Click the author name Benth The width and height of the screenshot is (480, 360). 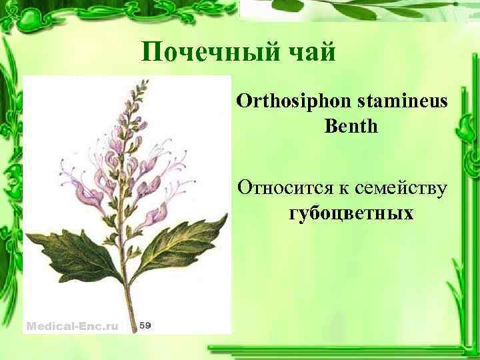pyautogui.click(x=351, y=125)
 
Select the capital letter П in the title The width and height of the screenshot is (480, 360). pyautogui.click(x=152, y=51)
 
